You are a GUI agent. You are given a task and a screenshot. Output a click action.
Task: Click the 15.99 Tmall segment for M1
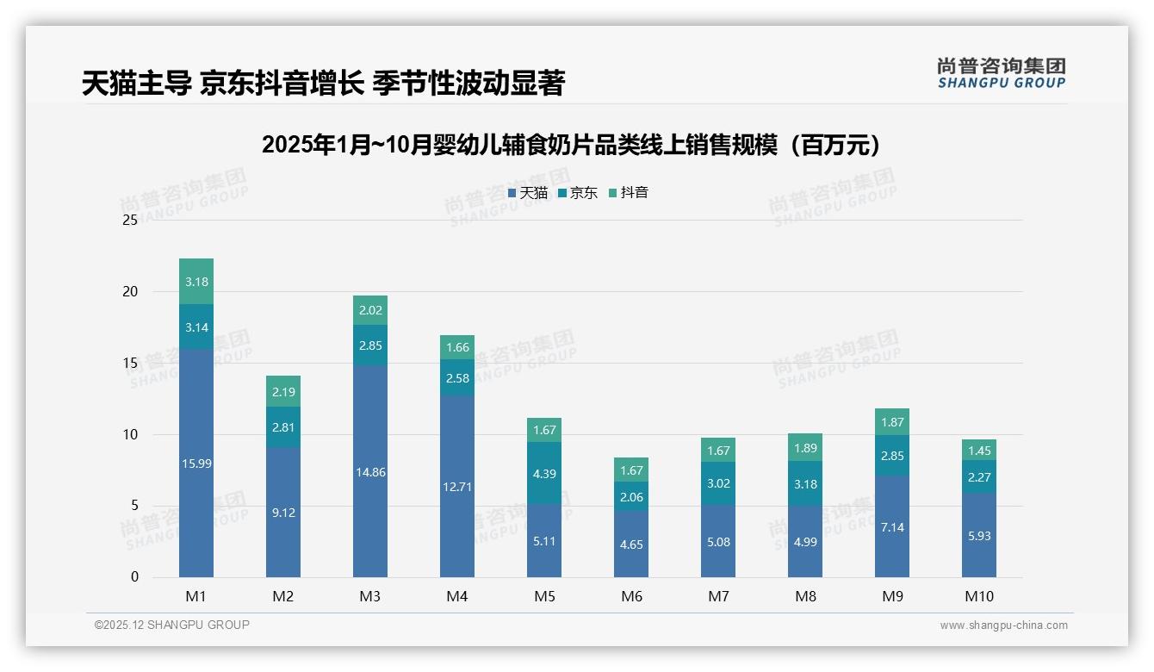coord(196,463)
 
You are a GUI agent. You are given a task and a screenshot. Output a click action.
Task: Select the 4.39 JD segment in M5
coord(544,473)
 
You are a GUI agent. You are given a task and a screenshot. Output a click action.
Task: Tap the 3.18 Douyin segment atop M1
coord(196,282)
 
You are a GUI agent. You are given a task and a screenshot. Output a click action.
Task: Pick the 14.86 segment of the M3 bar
coord(370,471)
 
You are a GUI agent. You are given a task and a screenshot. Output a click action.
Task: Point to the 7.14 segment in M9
coord(892,526)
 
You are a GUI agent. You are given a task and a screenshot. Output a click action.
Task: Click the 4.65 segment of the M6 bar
coord(631,544)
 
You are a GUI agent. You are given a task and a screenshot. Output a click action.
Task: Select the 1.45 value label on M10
coord(979,451)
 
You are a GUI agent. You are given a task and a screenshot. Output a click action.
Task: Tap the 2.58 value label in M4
coord(457,378)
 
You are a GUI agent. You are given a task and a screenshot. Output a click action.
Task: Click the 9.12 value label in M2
coord(283,513)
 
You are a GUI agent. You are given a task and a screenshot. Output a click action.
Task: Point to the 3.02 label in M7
coord(718,483)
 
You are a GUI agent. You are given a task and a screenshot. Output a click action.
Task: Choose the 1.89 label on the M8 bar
coord(805,448)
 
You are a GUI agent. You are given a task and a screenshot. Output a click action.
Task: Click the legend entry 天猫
coord(528,193)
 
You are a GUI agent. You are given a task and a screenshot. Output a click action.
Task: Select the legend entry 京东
coord(578,193)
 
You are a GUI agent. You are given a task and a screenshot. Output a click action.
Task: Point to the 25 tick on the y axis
coord(130,221)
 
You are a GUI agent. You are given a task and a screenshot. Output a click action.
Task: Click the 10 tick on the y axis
coord(130,434)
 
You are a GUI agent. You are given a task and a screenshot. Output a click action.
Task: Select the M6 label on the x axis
coord(631,596)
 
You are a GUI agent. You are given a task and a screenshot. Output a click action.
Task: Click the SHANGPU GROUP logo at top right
coord(1001,73)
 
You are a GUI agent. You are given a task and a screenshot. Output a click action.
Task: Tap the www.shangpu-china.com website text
coord(1003,625)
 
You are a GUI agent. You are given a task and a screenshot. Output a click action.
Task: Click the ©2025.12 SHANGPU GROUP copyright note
coord(172,625)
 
